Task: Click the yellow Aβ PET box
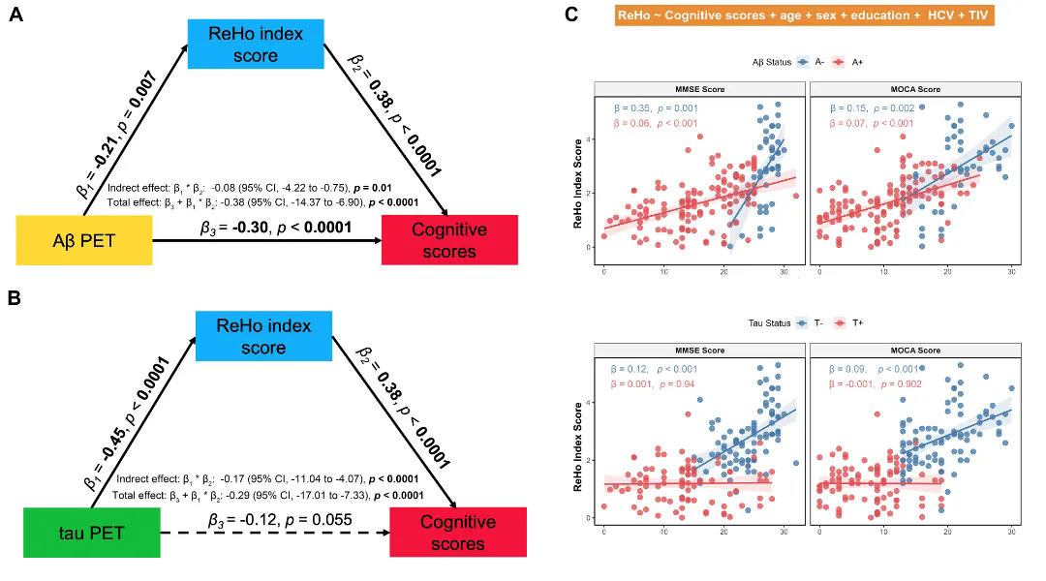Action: (84, 240)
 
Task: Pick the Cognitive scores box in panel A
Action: (449, 240)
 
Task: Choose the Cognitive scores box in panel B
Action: (456, 533)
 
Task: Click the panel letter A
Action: (15, 16)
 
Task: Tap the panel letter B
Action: (15, 297)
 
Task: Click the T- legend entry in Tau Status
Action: (811, 323)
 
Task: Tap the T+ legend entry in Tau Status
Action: (849, 323)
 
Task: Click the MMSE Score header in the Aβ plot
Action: (698, 89)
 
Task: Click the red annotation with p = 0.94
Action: (655, 384)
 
